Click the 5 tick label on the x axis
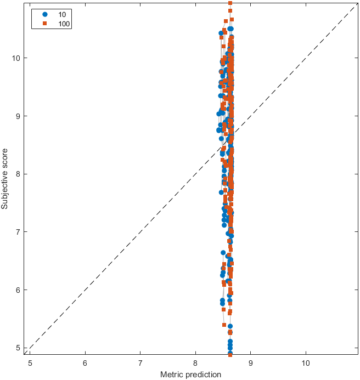tap(30, 363)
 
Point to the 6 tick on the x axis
tap(85, 363)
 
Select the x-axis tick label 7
tap(140, 363)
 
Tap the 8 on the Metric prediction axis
tap(195, 363)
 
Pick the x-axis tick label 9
tap(251, 363)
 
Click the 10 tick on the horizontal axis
tap(306, 363)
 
